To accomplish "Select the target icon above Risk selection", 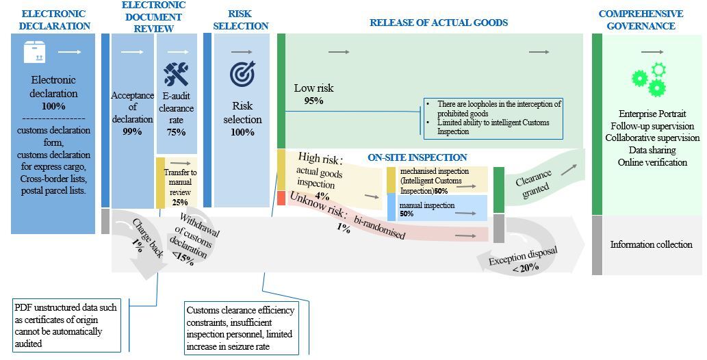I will pyautogui.click(x=242, y=74).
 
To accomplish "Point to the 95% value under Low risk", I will pyautogui.click(x=313, y=101).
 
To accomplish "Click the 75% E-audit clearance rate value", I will pyautogui.click(x=176, y=132).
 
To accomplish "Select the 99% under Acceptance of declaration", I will pyautogui.click(x=132, y=131).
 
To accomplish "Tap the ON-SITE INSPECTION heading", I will pyautogui.click(x=417, y=157).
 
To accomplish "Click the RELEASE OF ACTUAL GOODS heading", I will pyautogui.click(x=439, y=23).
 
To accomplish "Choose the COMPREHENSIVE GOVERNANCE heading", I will pyautogui.click(x=641, y=20).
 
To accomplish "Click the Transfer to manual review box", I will pyautogui.click(x=180, y=183).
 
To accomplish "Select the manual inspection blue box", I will pyautogui.click(x=437, y=209).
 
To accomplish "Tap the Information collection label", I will pyautogui.click(x=651, y=244).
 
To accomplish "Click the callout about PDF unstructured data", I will pyautogui.click(x=66, y=326).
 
